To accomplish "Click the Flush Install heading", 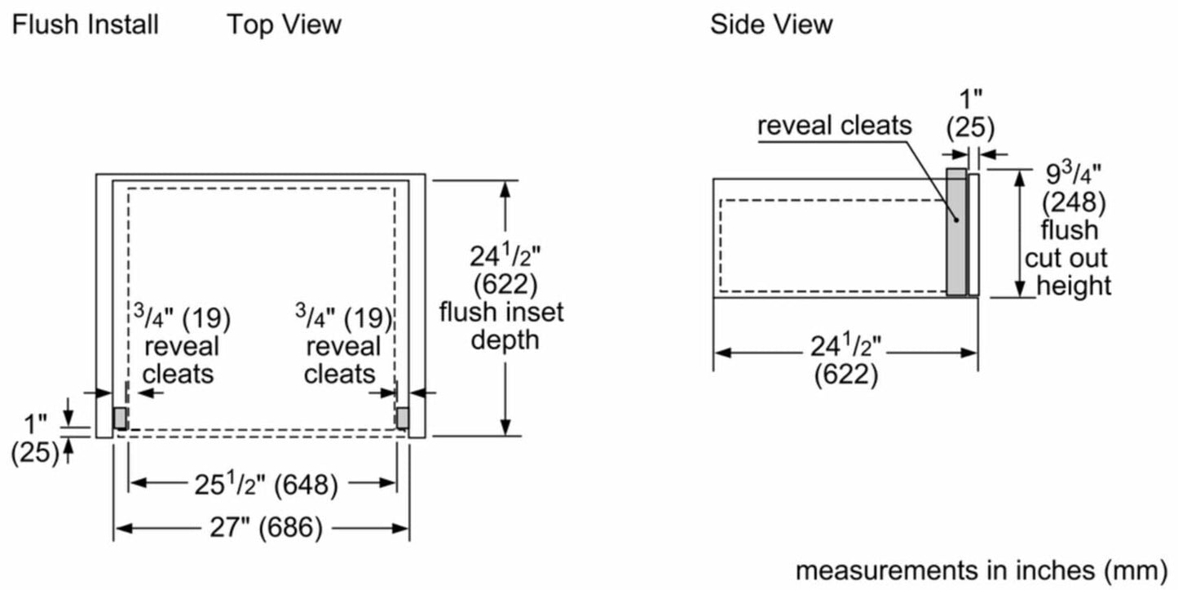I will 85,24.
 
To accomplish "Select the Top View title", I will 284,24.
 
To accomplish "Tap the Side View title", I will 771,24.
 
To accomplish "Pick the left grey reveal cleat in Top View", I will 120,419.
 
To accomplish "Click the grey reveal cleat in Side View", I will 955,233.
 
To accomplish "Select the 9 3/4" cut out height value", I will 1074,175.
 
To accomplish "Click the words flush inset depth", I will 501,325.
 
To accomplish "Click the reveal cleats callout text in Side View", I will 835,125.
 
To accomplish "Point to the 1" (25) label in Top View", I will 35,438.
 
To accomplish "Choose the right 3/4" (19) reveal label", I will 343,316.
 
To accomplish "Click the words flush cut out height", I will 1068,258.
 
